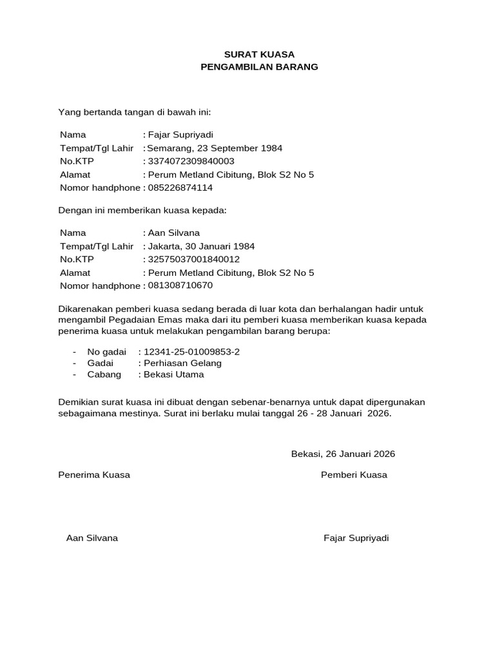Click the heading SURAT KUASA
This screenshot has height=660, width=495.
(x=259, y=54)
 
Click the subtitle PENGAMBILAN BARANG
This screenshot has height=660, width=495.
(x=259, y=67)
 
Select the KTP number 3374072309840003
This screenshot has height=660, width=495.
(x=191, y=161)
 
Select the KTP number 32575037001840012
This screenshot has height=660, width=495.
(x=193, y=259)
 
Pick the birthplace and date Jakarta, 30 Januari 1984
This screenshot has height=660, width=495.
(x=201, y=246)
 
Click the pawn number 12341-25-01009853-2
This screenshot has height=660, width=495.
(x=191, y=352)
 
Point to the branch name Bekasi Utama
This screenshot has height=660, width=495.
(x=174, y=374)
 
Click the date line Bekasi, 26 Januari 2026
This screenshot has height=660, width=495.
(x=343, y=454)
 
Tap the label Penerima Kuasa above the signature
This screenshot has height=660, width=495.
(x=94, y=475)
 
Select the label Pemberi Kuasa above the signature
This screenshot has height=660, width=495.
(x=354, y=475)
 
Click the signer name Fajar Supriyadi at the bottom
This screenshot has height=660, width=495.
(x=356, y=538)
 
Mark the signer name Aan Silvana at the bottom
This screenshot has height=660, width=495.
(x=92, y=538)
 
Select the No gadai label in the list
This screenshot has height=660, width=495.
(x=107, y=352)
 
